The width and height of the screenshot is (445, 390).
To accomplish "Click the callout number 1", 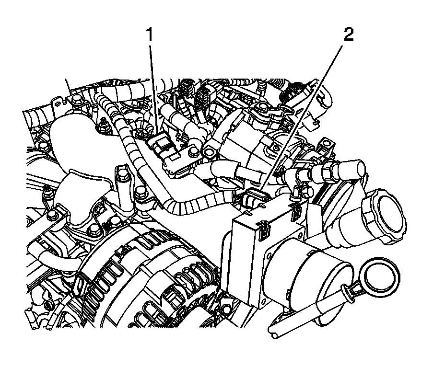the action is (150, 35).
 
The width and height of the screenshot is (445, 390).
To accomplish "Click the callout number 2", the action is (348, 35).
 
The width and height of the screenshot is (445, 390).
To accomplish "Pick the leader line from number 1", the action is (152, 86).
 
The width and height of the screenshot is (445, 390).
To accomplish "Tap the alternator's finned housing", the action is (144, 283).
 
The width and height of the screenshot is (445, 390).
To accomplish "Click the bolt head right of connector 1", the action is (193, 152).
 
